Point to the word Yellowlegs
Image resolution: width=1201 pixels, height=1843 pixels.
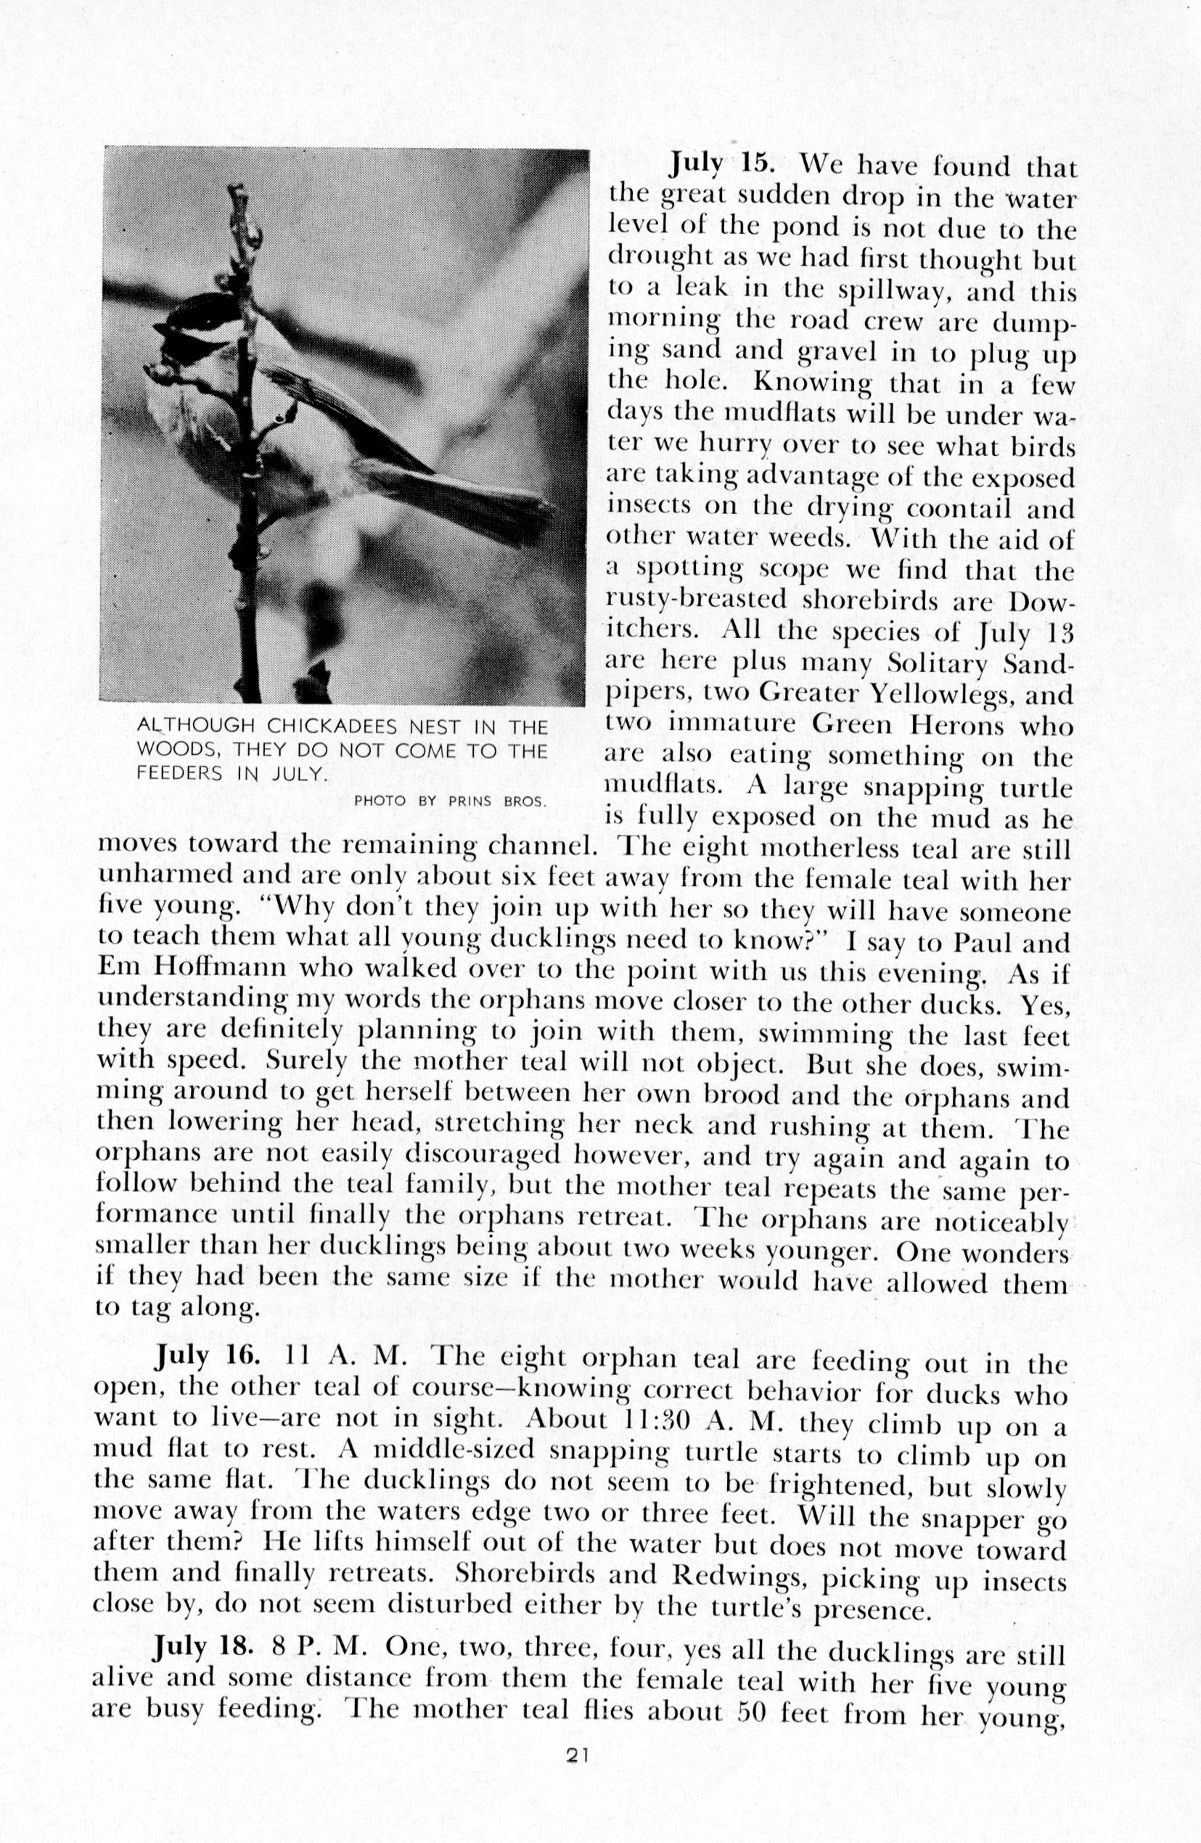tap(944, 695)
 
